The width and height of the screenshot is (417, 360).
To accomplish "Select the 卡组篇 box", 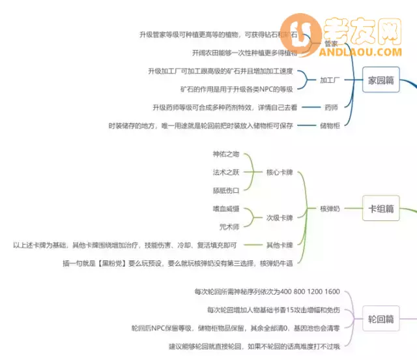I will [381, 209].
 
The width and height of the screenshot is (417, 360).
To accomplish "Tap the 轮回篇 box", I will [381, 319].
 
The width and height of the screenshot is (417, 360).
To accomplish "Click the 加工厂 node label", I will [331, 81].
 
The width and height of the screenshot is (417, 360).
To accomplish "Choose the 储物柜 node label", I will [329, 125].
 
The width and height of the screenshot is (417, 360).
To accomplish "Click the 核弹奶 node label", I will [330, 209].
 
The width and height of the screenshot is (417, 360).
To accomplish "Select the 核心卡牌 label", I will [280, 173].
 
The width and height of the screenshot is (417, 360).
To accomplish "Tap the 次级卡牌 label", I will [280, 218].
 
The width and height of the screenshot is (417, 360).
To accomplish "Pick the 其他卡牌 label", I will [280, 245].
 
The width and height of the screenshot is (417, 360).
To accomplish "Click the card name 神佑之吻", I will [226, 155].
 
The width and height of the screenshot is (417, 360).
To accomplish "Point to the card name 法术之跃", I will [226, 172].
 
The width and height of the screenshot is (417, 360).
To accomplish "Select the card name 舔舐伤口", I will [226, 190].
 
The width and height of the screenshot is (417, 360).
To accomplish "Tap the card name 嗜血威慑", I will [226, 209].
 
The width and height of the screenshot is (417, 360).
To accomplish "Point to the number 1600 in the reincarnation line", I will [332, 292].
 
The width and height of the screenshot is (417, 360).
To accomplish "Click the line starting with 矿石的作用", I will [237, 89].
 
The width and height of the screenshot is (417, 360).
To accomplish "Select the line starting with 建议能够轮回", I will [254, 346].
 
